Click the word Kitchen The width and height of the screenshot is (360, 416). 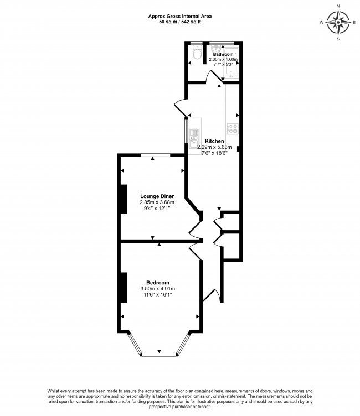214,141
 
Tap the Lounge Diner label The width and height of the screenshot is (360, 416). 157,196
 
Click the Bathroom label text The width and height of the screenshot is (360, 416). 223,54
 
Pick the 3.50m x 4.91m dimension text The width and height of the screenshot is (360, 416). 158,288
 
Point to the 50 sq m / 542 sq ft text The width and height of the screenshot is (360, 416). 180,23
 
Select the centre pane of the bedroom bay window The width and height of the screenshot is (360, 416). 159,353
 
